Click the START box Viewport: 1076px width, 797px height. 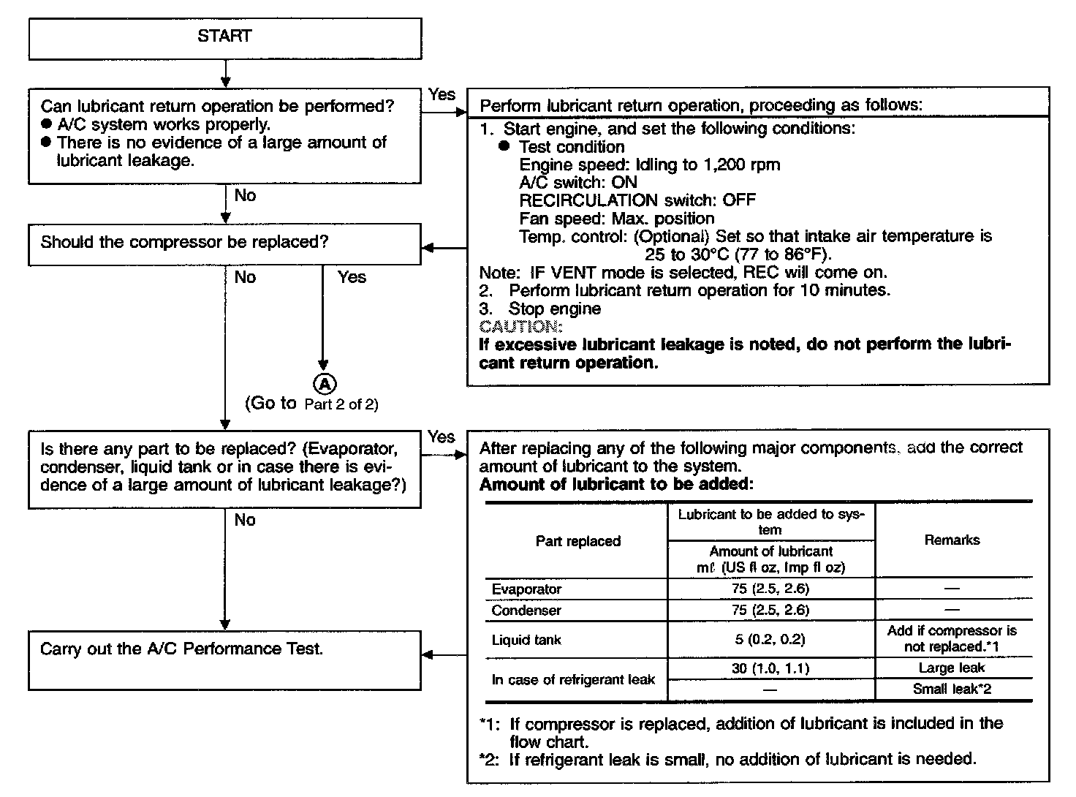tap(224, 38)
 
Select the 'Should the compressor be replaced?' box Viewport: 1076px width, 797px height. tap(224, 243)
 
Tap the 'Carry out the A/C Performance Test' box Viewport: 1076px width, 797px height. tap(224, 660)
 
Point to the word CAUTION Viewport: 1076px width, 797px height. tap(520, 326)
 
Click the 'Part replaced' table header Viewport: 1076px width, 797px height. tap(577, 541)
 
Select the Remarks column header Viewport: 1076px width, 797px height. tap(952, 540)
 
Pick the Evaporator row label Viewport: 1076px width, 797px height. tap(526, 589)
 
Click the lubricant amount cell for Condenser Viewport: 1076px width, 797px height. tap(771, 610)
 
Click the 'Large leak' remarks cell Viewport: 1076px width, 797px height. tap(952, 668)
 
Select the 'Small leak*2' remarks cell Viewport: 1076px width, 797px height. tap(952, 689)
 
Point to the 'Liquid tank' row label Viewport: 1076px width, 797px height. tap(526, 641)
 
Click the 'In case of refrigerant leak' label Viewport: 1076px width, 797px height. tap(573, 680)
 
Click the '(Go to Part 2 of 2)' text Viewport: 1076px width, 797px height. tap(312, 404)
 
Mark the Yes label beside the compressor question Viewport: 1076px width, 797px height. tap(352, 277)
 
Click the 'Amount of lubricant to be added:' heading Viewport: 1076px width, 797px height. tap(615, 484)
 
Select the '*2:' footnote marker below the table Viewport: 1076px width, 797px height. tap(490, 759)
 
